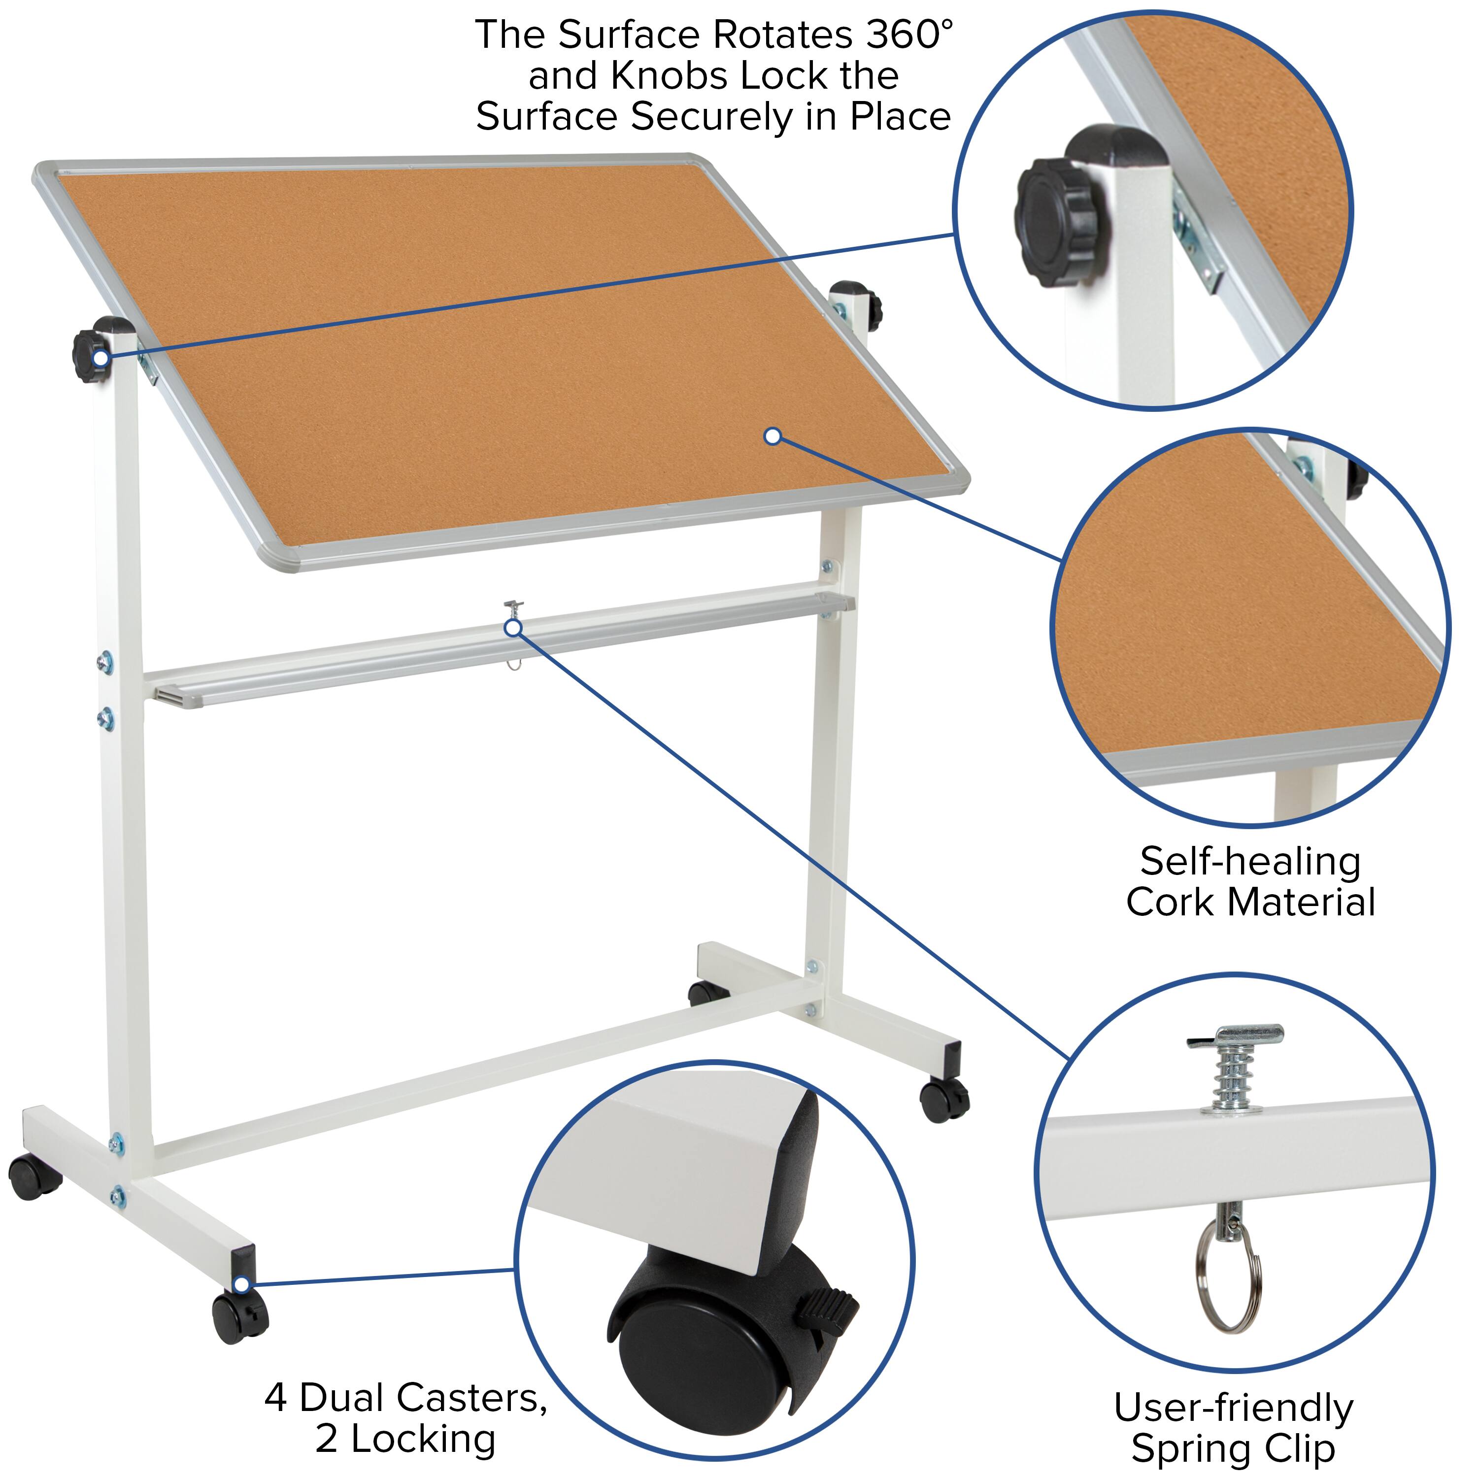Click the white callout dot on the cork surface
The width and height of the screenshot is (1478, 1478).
coord(773,436)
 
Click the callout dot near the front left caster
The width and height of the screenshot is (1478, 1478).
coord(242,1284)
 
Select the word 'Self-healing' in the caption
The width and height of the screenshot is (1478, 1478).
coord(1250,862)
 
